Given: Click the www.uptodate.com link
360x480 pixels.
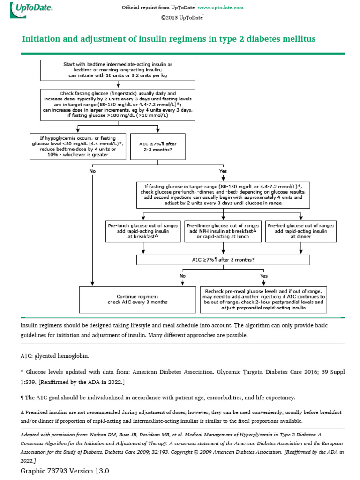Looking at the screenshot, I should click(220, 8).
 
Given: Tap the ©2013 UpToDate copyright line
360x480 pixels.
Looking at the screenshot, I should click(182, 18).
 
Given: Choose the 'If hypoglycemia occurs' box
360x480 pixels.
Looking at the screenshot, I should click(77, 147).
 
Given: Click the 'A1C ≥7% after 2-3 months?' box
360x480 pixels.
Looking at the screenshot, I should click(158, 147).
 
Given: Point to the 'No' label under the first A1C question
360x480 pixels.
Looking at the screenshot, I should click(92, 171).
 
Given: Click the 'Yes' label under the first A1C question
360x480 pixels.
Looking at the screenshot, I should click(223, 171).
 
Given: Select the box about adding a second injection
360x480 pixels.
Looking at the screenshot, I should click(223, 195).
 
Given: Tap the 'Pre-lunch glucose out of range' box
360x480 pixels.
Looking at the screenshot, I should click(142, 232).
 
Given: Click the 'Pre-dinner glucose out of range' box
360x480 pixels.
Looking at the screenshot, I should click(223, 232).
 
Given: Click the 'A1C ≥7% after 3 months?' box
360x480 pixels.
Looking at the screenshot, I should click(223, 259).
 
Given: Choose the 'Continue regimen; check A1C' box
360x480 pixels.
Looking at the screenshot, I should click(137, 299).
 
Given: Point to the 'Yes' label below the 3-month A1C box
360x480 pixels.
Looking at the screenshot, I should click(264, 276).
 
